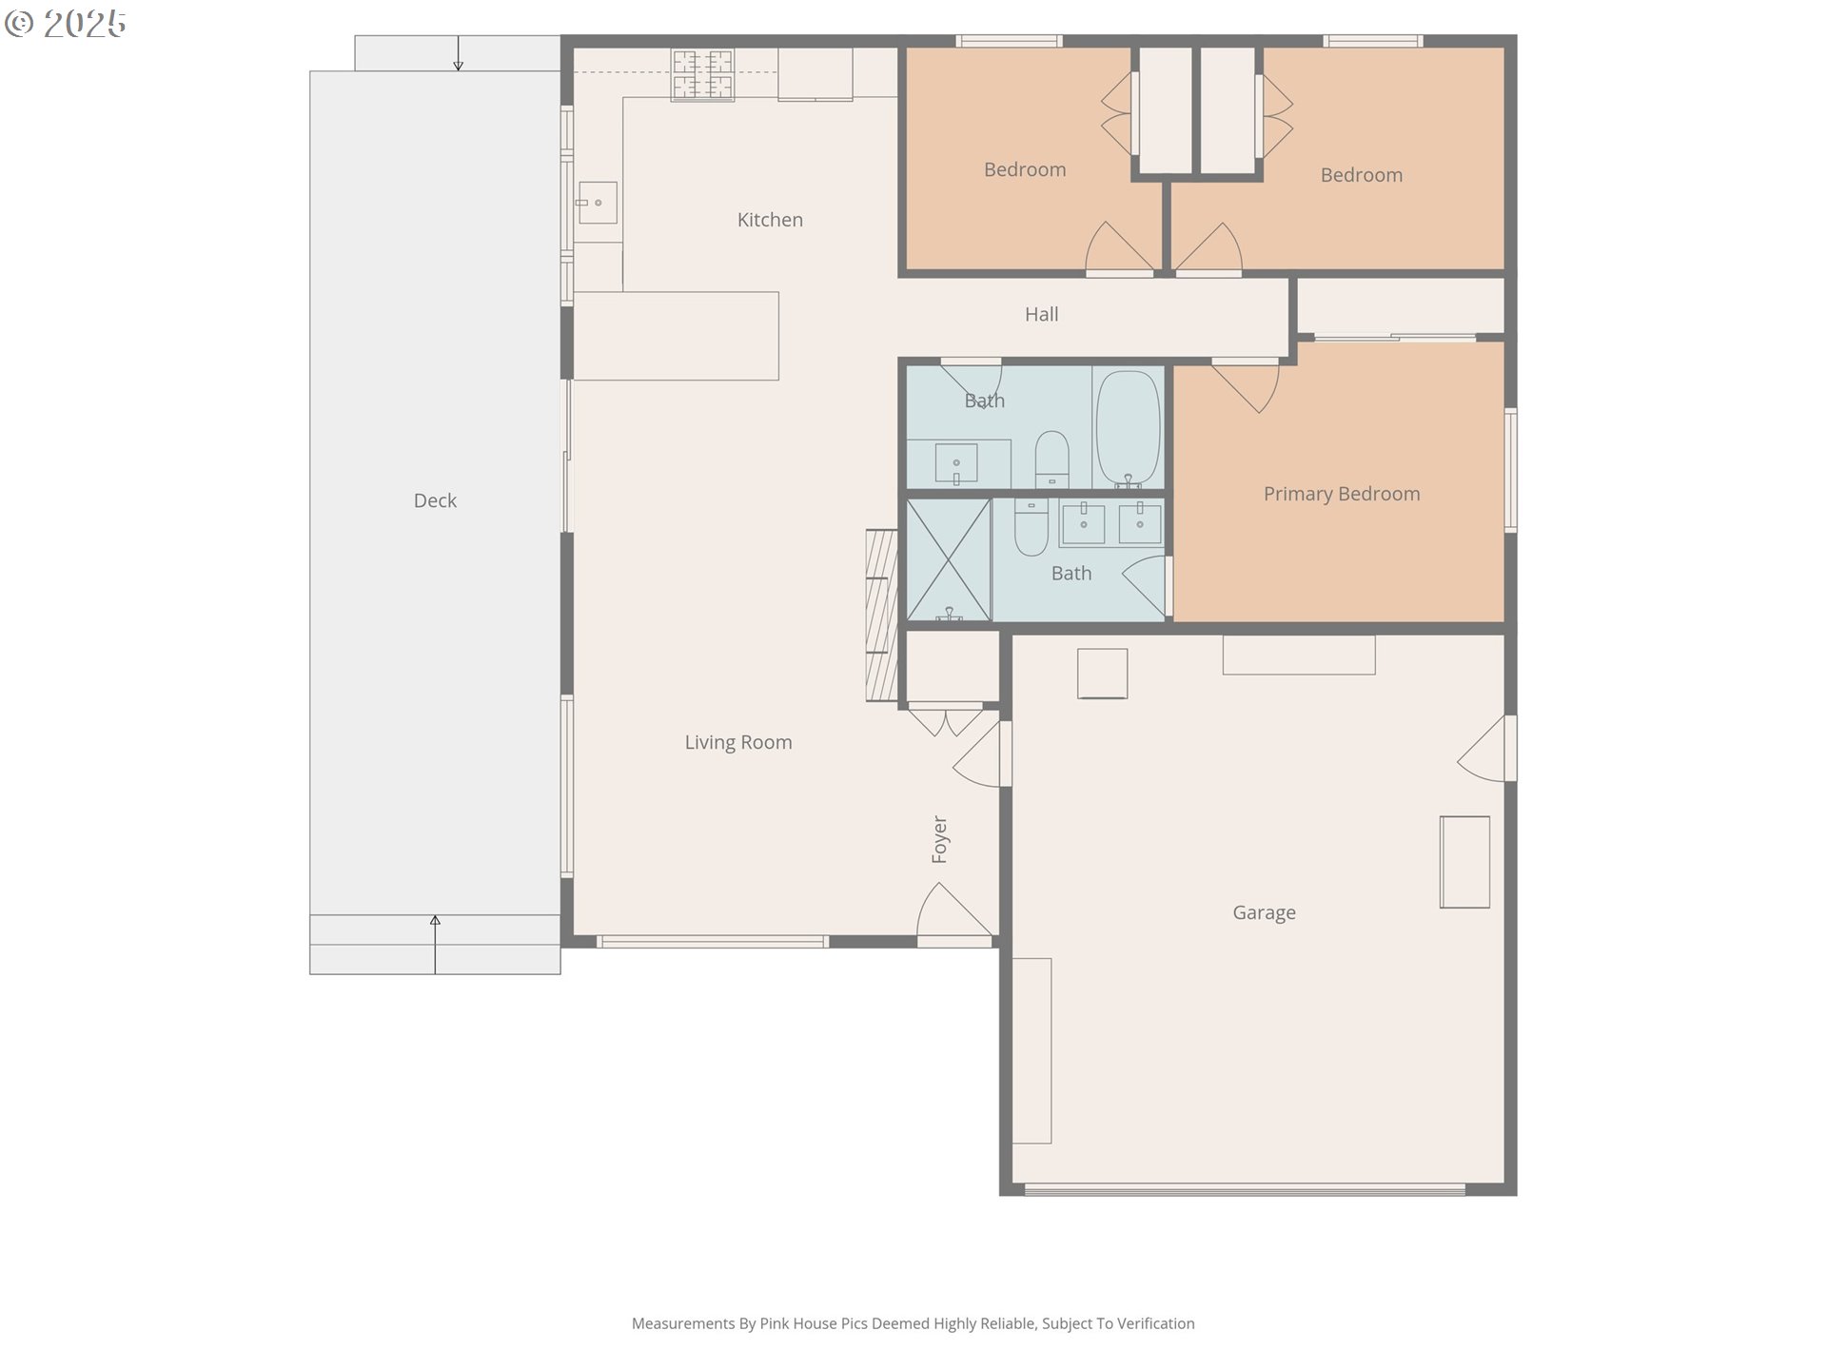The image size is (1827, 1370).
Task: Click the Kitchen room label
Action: (x=770, y=220)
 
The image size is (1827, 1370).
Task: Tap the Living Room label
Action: (x=738, y=742)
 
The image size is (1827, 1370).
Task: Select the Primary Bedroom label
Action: (x=1342, y=494)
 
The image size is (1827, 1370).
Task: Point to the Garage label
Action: (x=1264, y=912)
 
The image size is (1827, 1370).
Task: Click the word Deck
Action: (x=435, y=500)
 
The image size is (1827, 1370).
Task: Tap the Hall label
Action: (x=1041, y=314)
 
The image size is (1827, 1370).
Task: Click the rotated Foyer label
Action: (x=939, y=839)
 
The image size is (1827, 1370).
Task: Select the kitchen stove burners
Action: (x=703, y=75)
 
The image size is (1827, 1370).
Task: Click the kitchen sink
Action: (x=597, y=203)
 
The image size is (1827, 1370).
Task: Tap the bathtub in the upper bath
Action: (x=1128, y=429)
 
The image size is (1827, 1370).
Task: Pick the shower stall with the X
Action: (x=949, y=560)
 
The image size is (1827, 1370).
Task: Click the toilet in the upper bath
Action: (x=1051, y=459)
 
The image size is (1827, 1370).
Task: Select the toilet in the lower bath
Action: (x=1031, y=528)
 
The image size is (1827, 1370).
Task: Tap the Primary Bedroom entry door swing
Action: (x=1247, y=384)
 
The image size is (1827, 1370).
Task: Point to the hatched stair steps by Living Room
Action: (x=881, y=616)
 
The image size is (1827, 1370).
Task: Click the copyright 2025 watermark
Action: (x=66, y=24)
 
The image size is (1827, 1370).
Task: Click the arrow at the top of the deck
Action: (x=458, y=53)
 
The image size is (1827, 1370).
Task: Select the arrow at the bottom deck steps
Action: (x=435, y=945)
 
